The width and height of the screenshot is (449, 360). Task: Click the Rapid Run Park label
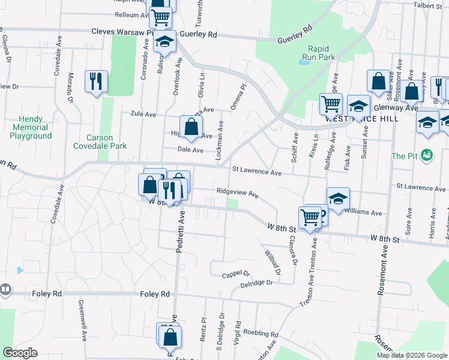(x=321, y=53)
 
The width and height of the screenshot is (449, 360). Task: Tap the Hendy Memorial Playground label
(x=31, y=127)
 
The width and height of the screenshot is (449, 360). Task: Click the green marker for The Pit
(x=427, y=155)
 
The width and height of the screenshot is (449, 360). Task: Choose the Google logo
(x=20, y=353)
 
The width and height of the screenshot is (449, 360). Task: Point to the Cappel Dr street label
(x=235, y=274)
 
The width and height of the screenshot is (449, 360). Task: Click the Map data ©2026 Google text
(x=411, y=355)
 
